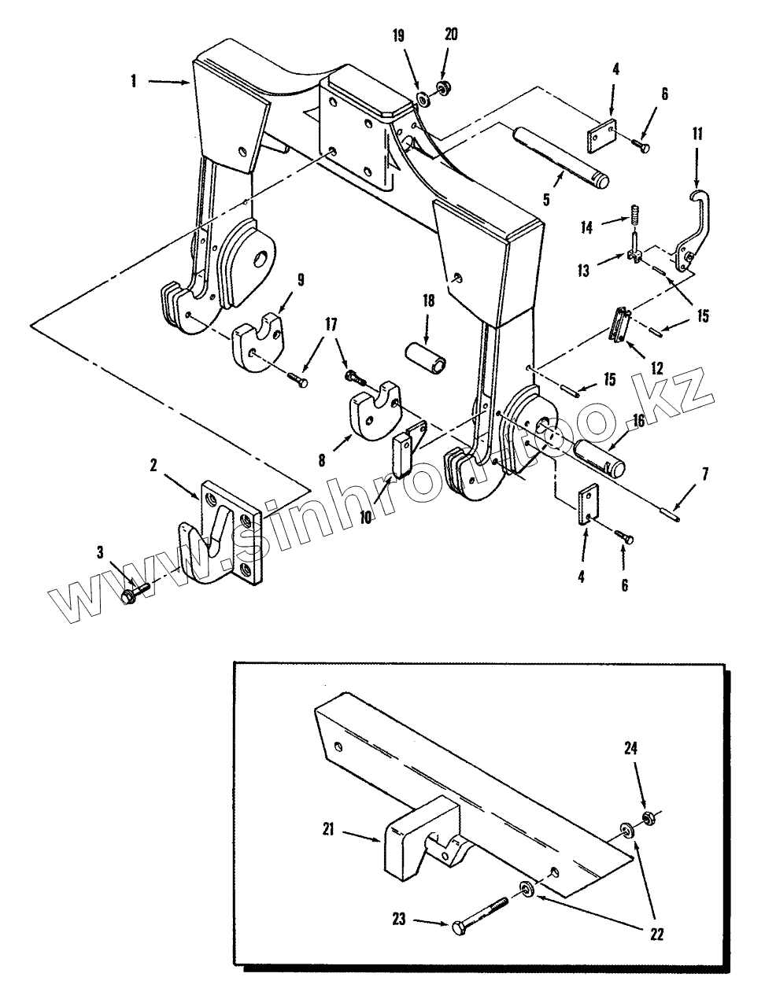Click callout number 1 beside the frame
133,82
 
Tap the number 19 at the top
398,36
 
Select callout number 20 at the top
450,35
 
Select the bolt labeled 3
136,592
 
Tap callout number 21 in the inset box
328,830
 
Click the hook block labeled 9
258,339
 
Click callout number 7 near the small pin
705,474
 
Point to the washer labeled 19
423,99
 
